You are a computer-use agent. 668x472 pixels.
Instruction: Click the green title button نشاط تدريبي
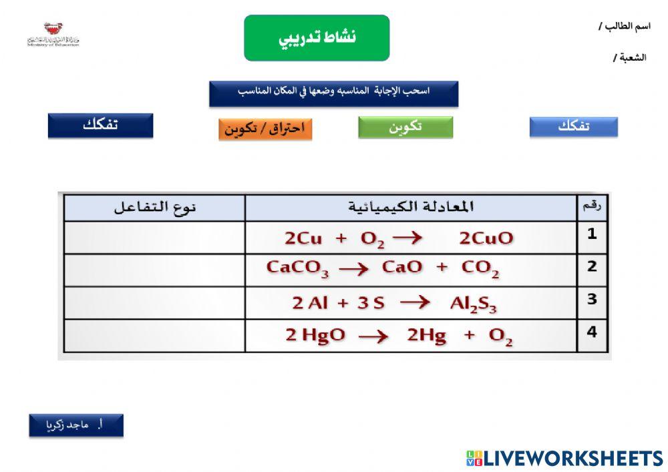[x=317, y=38]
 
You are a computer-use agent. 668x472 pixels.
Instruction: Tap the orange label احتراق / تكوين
[x=265, y=128]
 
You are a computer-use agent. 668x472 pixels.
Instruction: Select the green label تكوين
[x=405, y=127]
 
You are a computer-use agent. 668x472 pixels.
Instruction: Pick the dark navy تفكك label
[x=100, y=126]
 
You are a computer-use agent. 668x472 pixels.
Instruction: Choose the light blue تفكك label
[x=573, y=127]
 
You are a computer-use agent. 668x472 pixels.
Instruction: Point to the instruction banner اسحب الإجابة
[x=333, y=93]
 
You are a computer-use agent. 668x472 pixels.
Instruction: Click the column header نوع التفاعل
[x=154, y=207]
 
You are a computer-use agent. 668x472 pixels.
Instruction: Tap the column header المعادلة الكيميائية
[x=411, y=207]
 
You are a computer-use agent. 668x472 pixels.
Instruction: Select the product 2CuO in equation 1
[x=486, y=238]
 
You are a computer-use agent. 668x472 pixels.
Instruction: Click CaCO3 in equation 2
[x=297, y=268]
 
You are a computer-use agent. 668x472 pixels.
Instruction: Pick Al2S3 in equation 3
[x=473, y=303]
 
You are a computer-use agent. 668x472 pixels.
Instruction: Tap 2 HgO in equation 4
[x=315, y=336]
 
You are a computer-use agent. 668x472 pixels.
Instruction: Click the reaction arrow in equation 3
[x=414, y=302]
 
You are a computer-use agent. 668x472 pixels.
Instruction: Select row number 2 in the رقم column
[x=592, y=266]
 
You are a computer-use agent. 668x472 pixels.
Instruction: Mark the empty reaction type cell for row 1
[x=154, y=238]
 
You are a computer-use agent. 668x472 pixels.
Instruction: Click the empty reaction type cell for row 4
[x=154, y=335]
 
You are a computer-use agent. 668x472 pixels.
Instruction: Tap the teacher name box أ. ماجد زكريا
[x=76, y=425]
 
